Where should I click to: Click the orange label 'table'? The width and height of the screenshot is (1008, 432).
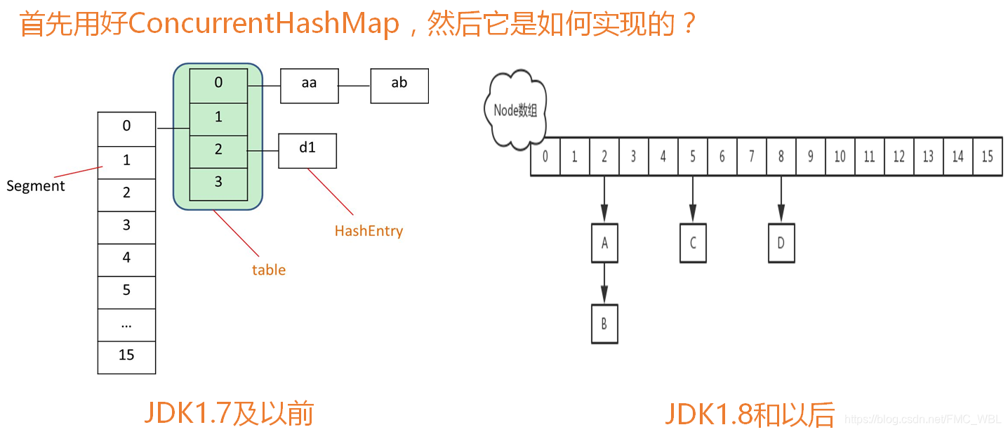tap(269, 270)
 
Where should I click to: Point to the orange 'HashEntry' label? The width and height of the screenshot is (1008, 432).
tap(369, 231)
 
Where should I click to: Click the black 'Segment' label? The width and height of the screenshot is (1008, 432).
tap(35, 186)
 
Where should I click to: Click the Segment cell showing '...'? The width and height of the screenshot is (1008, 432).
tap(126, 325)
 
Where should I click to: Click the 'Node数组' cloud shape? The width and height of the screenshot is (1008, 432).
tap(515, 110)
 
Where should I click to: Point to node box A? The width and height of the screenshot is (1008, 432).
tap(604, 244)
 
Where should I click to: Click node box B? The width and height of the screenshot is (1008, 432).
tap(604, 324)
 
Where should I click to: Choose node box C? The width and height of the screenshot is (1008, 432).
tap(693, 244)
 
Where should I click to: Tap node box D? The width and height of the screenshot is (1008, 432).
tap(781, 244)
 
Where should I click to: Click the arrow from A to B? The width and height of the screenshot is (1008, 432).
tap(604, 284)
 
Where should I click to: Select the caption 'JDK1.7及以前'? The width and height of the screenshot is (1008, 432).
tap(229, 414)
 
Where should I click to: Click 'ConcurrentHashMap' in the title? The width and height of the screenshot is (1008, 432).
tap(264, 24)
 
